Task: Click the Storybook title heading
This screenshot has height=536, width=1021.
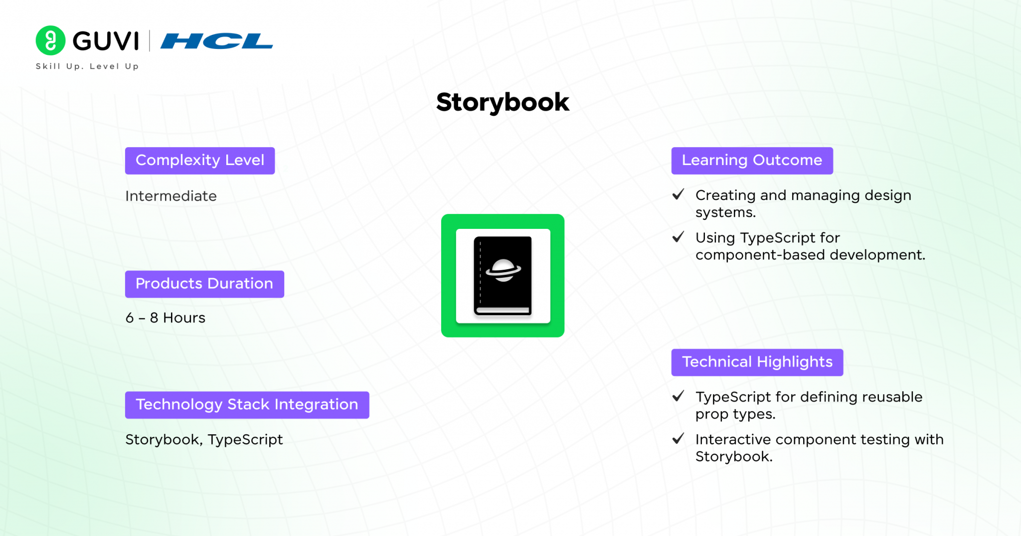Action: [503, 103]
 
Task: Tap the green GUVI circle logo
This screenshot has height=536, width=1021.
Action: [50, 40]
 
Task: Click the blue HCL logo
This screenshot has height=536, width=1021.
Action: [216, 41]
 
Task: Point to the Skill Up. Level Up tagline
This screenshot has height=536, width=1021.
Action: [87, 66]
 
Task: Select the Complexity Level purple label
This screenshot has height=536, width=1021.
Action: [200, 161]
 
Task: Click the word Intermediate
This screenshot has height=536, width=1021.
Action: [171, 196]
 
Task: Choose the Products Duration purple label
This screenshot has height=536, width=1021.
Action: [204, 284]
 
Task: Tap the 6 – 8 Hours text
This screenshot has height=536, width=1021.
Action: [166, 318]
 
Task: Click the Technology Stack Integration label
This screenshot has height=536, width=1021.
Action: [247, 405]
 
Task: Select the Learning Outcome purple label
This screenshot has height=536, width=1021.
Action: [752, 161]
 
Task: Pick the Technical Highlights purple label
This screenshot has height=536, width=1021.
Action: [757, 362]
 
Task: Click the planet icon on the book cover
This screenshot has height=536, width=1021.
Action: [504, 270]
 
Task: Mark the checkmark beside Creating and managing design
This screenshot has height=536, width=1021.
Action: [679, 194]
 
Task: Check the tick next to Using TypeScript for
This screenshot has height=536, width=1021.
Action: [679, 237]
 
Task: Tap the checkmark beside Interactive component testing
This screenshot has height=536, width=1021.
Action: [679, 439]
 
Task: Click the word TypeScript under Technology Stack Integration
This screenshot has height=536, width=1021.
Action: [245, 440]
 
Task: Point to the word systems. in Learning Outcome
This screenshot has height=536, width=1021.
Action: [726, 213]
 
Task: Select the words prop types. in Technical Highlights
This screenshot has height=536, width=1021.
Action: [735, 414]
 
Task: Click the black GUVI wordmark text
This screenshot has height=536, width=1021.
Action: [106, 41]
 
